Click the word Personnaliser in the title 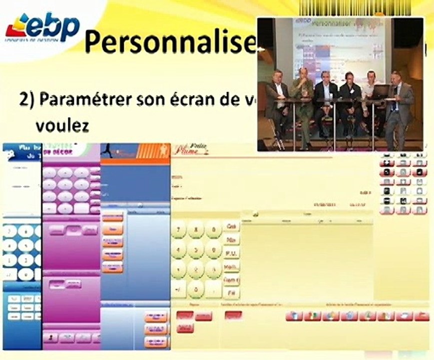[x=170, y=42]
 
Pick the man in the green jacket [x=303, y=100]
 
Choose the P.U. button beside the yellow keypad [x=231, y=253]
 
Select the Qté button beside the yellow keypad [x=231, y=226]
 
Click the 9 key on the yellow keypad [x=214, y=229]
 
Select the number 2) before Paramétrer [x=26, y=99]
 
